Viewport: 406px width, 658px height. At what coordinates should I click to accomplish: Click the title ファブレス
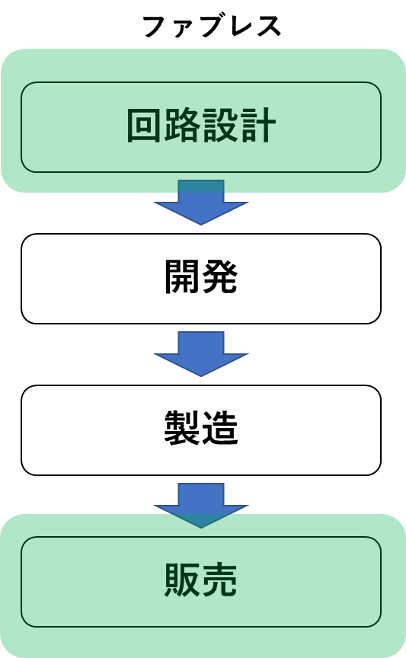(x=212, y=27)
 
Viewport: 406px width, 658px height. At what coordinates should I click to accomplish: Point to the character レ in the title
(x=240, y=27)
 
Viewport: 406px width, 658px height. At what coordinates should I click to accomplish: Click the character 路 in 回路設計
(x=182, y=125)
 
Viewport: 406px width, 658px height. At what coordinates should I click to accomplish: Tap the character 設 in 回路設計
(x=220, y=125)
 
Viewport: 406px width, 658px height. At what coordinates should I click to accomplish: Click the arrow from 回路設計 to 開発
(x=201, y=203)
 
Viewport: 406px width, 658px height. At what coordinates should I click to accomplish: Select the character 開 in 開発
(x=182, y=276)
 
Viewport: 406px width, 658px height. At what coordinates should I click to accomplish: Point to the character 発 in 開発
(x=220, y=276)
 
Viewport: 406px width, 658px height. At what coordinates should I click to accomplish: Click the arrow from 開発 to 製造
(x=201, y=354)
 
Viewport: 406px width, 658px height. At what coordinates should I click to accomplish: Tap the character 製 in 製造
(x=182, y=428)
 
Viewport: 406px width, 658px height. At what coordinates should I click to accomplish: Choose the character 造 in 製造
(x=220, y=428)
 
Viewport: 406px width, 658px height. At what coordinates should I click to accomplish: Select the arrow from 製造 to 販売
(x=201, y=506)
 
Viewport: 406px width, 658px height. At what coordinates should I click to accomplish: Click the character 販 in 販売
(x=182, y=580)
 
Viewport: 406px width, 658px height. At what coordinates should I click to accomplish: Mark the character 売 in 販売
(x=220, y=580)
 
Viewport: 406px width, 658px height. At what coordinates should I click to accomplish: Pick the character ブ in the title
(x=212, y=26)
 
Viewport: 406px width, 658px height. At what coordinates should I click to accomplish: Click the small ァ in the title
(x=183, y=29)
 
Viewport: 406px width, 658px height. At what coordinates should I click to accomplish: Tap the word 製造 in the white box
(x=201, y=428)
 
